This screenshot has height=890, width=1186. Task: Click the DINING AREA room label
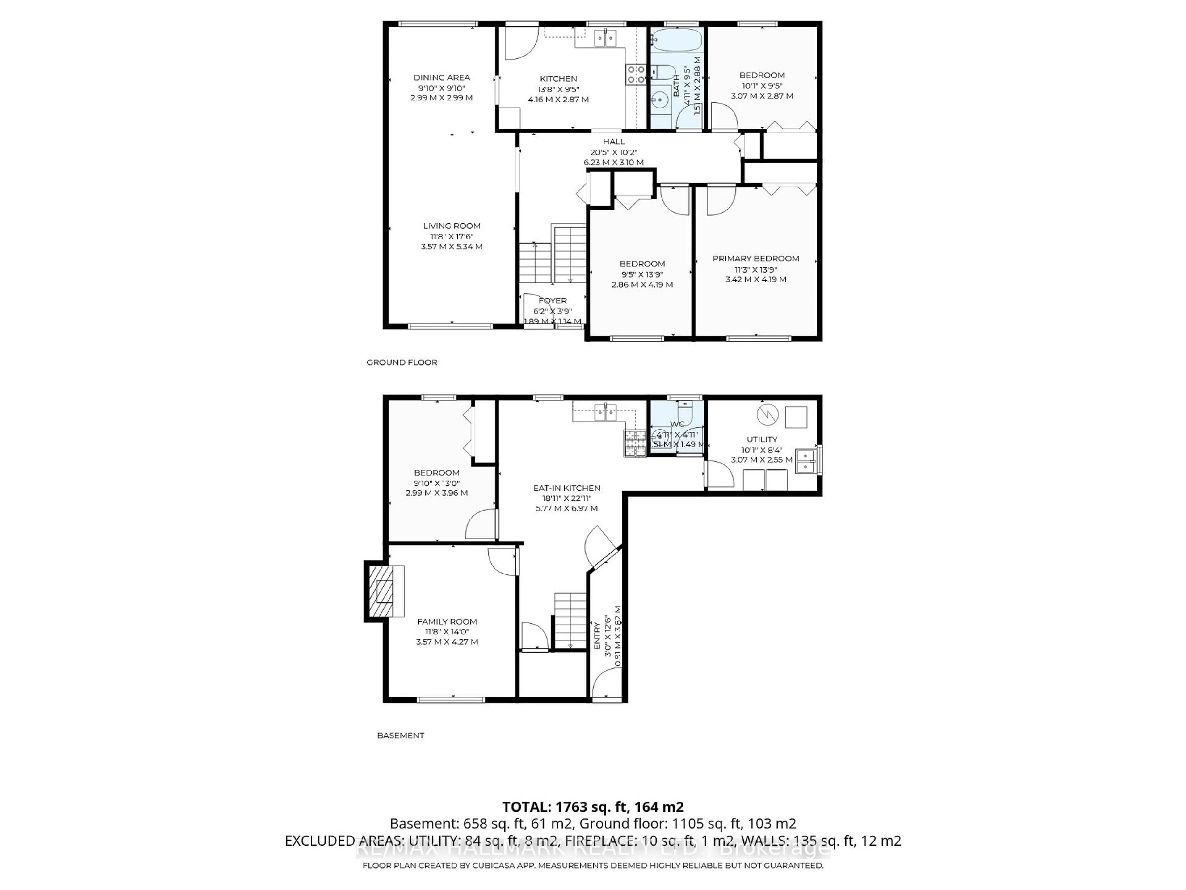tap(441, 77)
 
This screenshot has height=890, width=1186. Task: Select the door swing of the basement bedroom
tap(481, 525)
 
